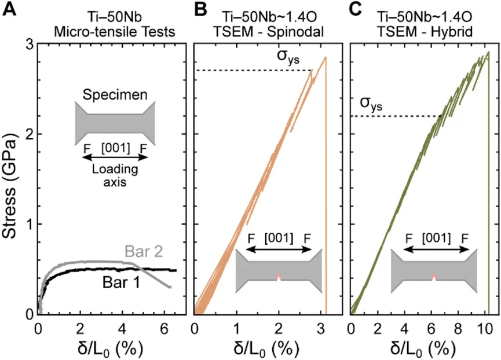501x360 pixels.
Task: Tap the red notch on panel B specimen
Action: [279, 277]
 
